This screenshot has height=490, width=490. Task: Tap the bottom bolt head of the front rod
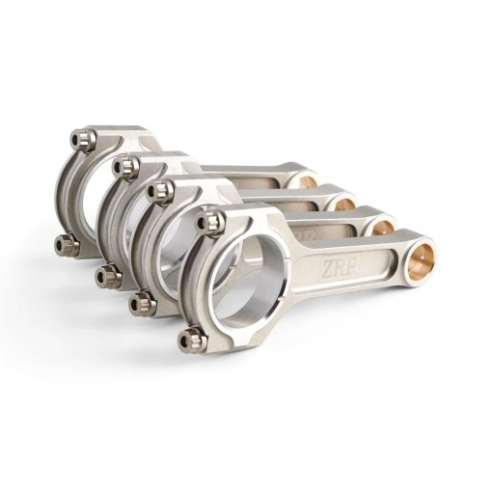tap(188, 339)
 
